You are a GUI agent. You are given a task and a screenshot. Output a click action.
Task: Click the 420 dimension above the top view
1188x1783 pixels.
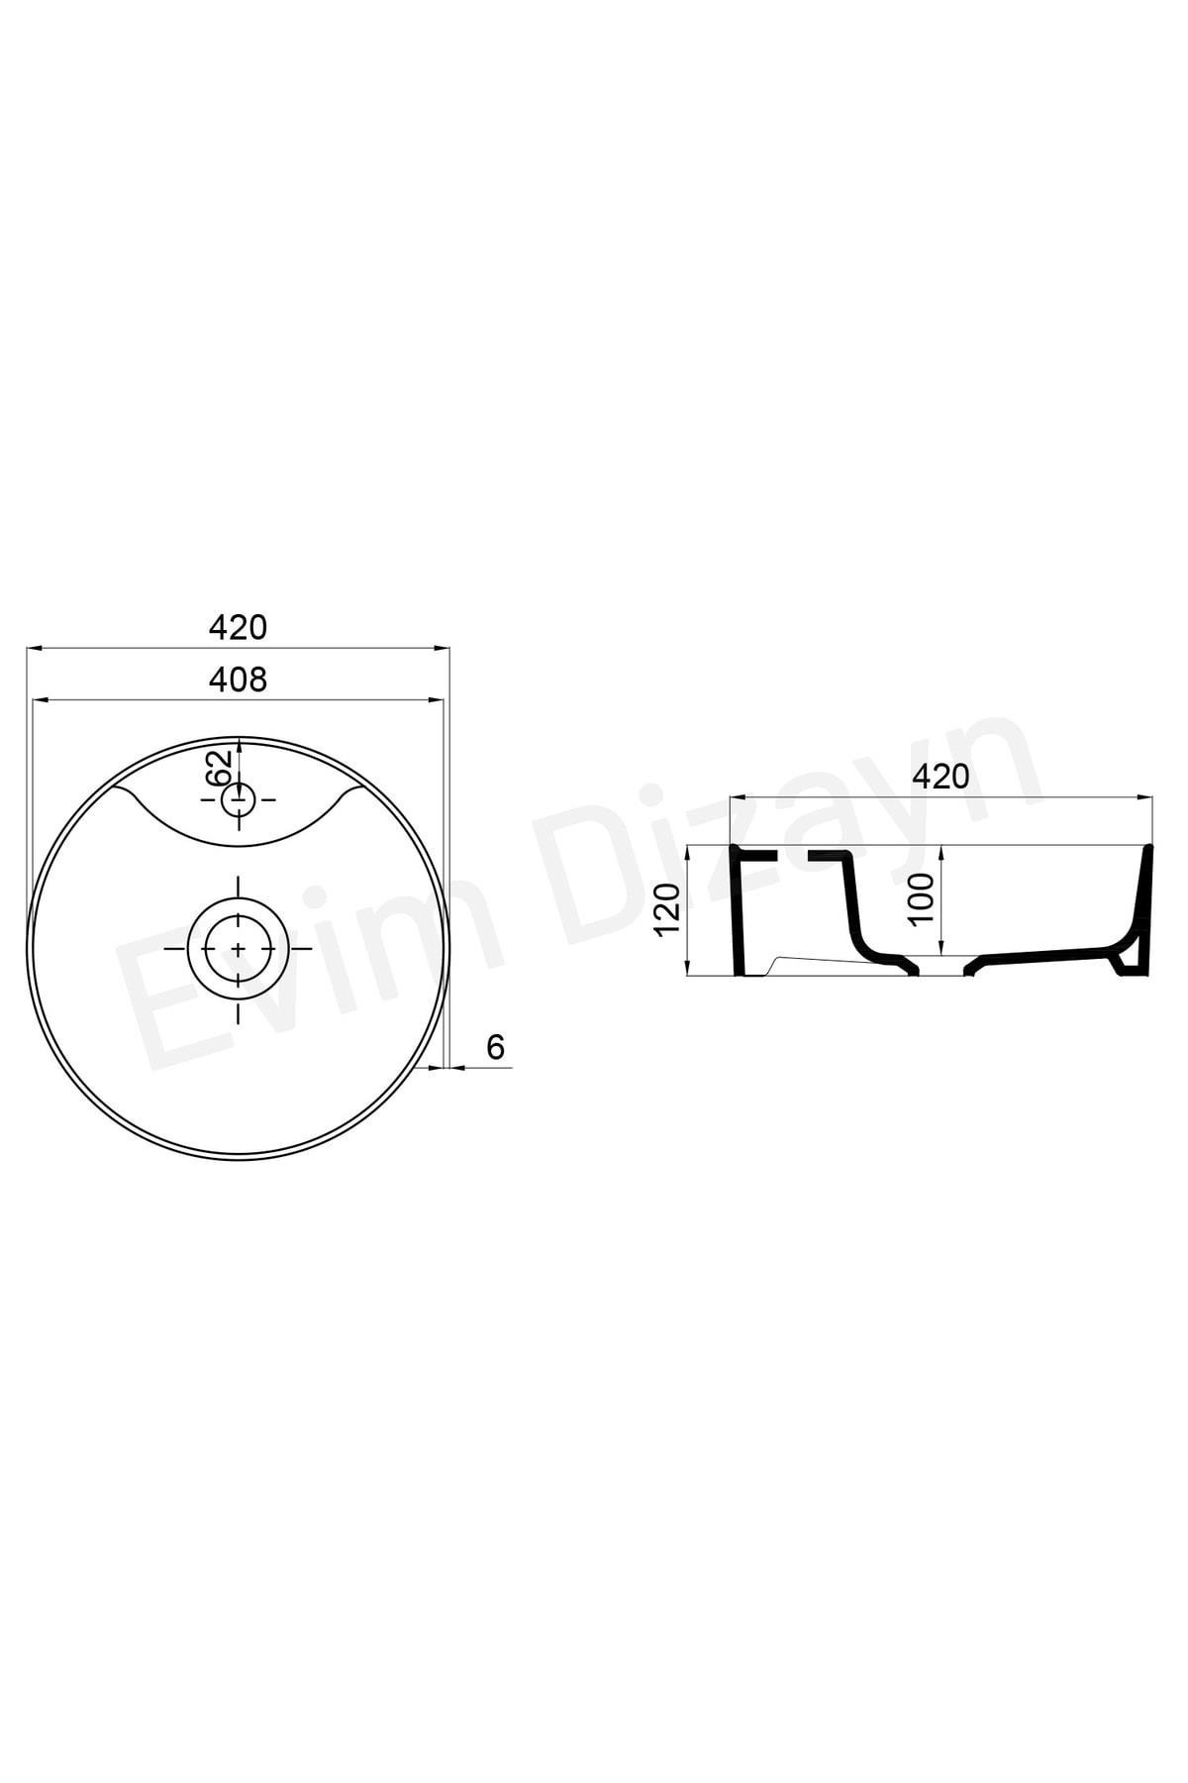pos(238,627)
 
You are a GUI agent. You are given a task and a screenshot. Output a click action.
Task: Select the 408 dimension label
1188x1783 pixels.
pos(238,680)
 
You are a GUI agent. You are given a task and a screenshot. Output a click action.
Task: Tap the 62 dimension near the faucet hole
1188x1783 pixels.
pos(220,769)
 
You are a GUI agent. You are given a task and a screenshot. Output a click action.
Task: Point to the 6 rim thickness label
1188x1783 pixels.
pos(496,1047)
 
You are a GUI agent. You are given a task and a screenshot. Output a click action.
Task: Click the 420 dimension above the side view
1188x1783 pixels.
pos(940,777)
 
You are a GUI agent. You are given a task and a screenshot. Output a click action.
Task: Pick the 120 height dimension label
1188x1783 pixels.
pos(670,908)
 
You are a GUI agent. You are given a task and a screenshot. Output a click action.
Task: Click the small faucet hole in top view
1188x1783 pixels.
pos(238,798)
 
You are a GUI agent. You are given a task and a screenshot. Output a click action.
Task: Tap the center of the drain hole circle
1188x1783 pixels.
pos(238,948)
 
